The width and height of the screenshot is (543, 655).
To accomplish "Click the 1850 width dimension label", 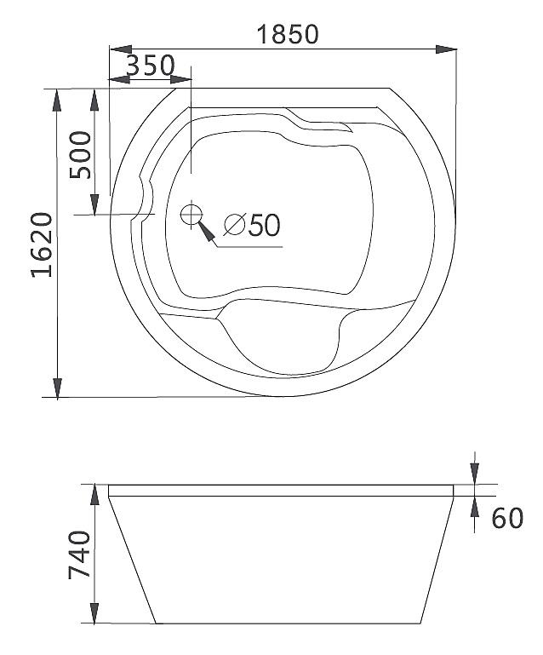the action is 288,34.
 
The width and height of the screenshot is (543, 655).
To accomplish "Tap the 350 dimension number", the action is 150,66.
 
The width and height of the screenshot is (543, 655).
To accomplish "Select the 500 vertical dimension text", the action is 80,155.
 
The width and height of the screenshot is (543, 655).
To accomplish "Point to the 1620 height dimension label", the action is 43,244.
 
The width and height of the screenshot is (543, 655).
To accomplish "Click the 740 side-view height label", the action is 79,554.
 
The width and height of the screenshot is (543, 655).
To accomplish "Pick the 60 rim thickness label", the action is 507,518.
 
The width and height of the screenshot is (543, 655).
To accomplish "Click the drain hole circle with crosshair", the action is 191,215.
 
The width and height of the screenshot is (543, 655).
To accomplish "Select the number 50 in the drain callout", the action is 264,225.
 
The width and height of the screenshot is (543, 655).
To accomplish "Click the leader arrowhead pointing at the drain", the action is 206,231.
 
